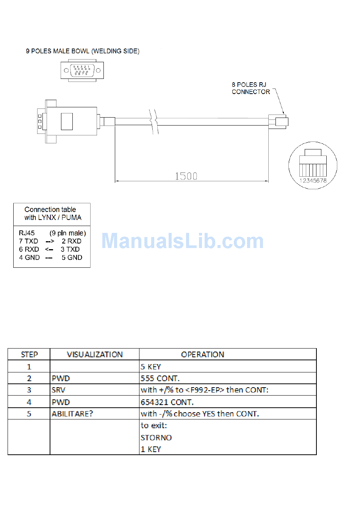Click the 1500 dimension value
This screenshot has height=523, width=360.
[x=186, y=176]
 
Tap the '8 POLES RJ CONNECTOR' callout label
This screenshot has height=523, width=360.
[x=250, y=88]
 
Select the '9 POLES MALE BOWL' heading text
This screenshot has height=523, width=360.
[x=58, y=51]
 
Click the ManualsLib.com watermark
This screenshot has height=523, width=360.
[x=182, y=241]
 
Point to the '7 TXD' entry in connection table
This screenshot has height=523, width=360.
[x=28, y=241]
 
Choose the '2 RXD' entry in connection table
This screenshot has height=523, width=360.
[x=71, y=241]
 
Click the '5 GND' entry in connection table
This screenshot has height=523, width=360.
[x=72, y=258]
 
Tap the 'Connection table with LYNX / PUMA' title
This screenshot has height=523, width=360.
[x=53, y=214]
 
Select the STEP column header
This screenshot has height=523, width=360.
[x=29, y=355]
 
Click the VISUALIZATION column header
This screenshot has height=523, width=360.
[x=95, y=355]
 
